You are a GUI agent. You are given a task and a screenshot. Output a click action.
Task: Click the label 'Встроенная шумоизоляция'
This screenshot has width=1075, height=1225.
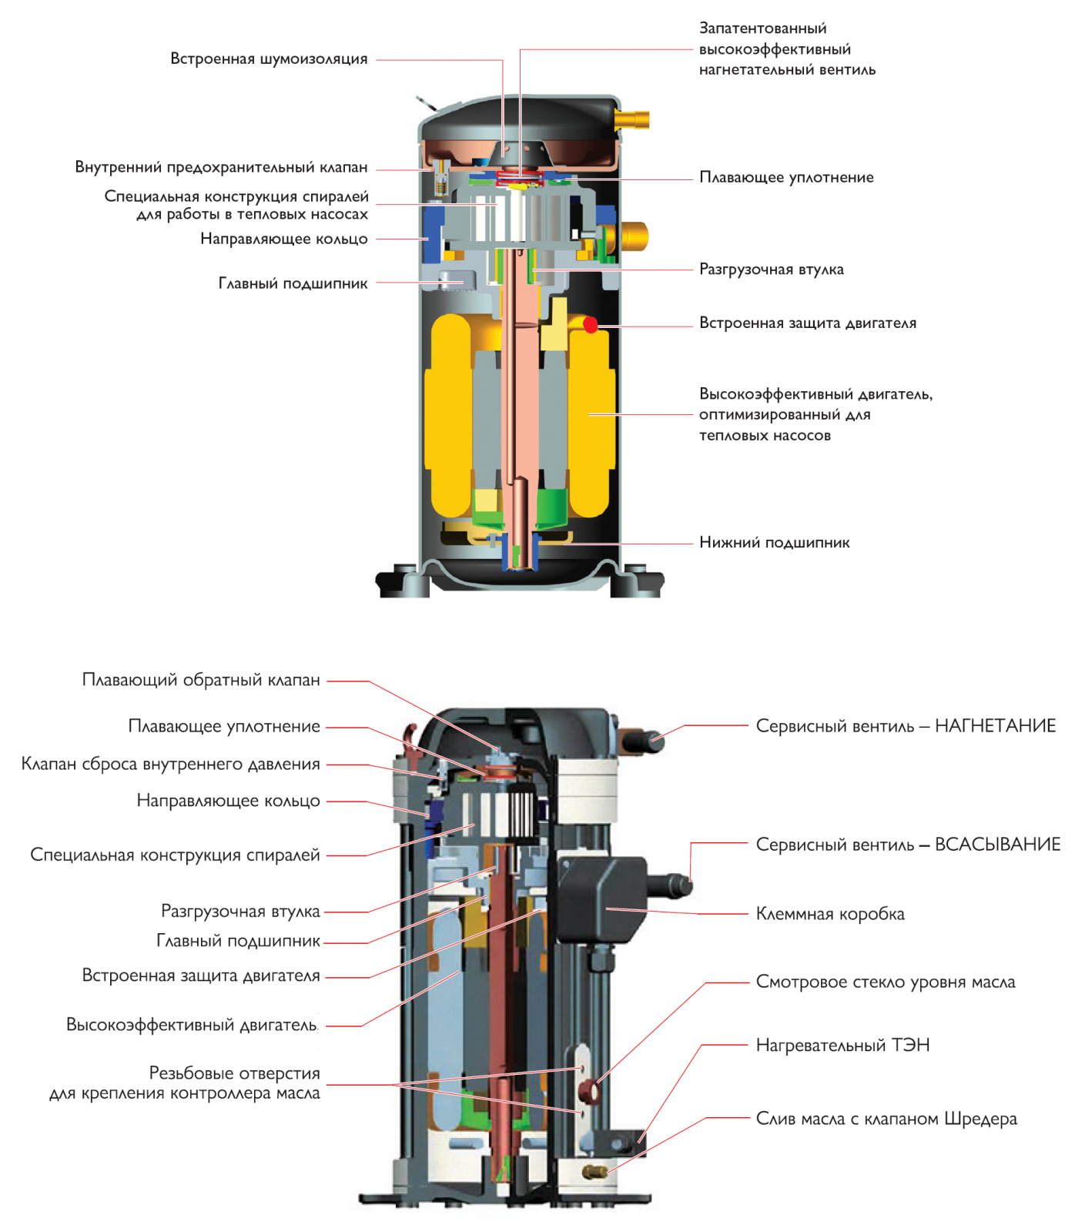[269, 59]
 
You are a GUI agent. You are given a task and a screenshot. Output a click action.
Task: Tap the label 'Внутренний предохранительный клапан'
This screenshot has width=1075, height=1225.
[221, 167]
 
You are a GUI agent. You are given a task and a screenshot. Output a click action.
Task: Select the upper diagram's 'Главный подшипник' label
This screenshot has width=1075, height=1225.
[293, 283]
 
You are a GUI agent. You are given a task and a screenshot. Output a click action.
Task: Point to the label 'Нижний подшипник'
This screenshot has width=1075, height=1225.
[775, 542]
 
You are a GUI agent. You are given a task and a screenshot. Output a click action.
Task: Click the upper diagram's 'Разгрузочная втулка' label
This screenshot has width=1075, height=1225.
[772, 269]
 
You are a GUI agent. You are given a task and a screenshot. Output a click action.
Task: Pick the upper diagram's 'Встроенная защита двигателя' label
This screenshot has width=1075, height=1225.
[808, 323]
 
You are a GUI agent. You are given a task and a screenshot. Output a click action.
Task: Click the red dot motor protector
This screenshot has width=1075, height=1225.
[591, 325]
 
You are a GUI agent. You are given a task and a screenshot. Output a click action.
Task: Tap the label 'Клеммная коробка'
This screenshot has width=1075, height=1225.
[830, 914]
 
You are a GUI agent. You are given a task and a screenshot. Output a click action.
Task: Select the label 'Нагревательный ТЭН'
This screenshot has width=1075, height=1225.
[843, 1045]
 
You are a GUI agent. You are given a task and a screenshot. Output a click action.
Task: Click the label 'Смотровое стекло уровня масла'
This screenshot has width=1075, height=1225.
[886, 982]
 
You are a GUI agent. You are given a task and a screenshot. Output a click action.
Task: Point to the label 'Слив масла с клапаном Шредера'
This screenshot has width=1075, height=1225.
[886, 1119]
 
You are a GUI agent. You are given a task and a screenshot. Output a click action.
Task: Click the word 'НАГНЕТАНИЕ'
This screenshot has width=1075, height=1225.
[996, 726]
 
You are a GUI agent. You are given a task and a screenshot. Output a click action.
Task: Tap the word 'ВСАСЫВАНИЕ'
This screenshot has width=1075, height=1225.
[998, 845]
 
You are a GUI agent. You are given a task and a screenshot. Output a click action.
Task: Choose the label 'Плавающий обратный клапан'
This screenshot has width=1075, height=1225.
[201, 680]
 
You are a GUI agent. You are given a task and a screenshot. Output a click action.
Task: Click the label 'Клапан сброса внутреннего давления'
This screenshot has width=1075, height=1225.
[170, 764]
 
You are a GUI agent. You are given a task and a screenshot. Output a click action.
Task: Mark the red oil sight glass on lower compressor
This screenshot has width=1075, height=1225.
[591, 1090]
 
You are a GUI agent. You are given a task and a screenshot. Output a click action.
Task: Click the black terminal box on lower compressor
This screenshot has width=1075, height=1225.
[602, 899]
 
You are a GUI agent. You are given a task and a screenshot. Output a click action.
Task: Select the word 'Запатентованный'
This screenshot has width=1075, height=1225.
[762, 28]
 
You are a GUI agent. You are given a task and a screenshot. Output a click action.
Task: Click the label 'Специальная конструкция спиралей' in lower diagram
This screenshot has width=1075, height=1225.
[175, 855]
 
